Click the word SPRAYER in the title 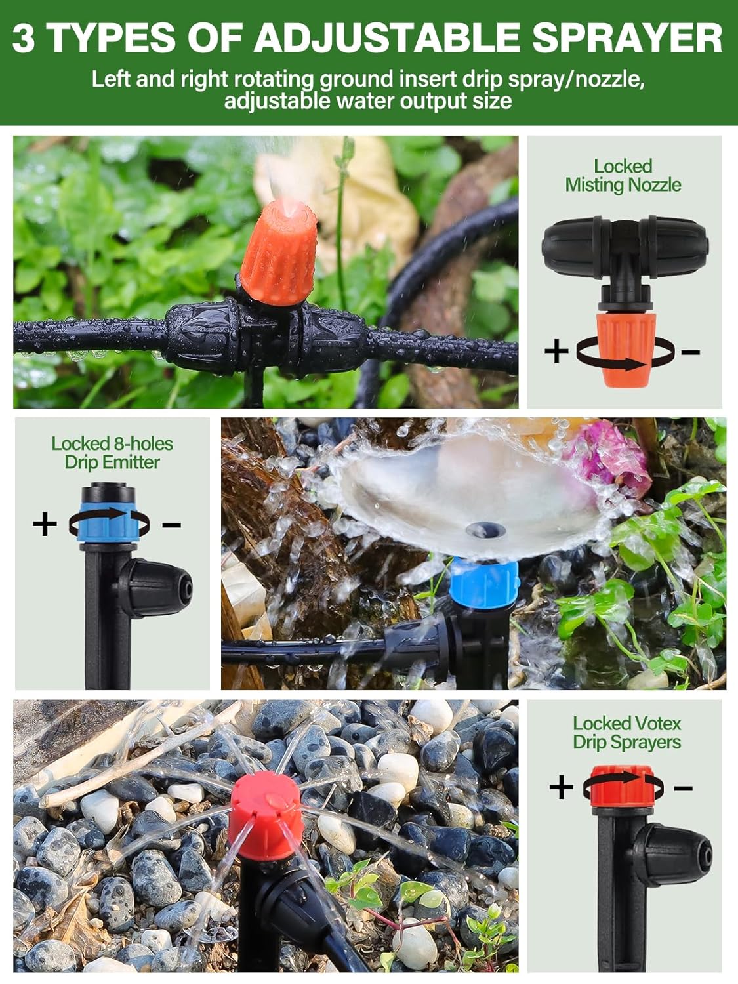click(626, 37)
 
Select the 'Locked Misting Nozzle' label click(623, 176)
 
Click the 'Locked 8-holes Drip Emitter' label click(112, 453)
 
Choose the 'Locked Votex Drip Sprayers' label click(626, 733)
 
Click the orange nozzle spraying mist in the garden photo click(279, 253)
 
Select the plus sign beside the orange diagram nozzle click(556, 351)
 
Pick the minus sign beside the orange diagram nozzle click(690, 352)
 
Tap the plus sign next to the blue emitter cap click(45, 524)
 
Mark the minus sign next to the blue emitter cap click(171, 524)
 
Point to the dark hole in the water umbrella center click(484, 528)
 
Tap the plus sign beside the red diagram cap click(561, 787)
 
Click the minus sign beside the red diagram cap click(683, 787)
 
